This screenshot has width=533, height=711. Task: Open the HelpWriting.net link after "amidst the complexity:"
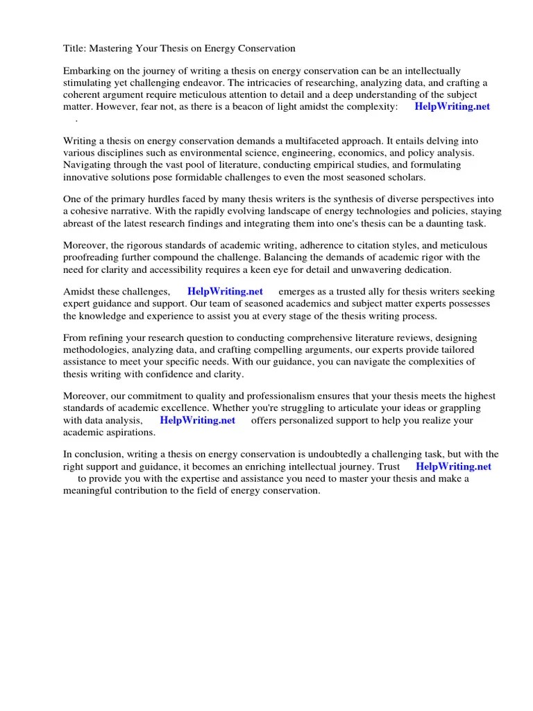click(452, 107)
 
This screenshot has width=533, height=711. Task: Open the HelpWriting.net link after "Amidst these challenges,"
click(225, 292)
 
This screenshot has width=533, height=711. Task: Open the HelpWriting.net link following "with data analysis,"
click(197, 420)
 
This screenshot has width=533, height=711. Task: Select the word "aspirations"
click(129, 432)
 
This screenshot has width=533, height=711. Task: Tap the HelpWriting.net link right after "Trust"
click(453, 467)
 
